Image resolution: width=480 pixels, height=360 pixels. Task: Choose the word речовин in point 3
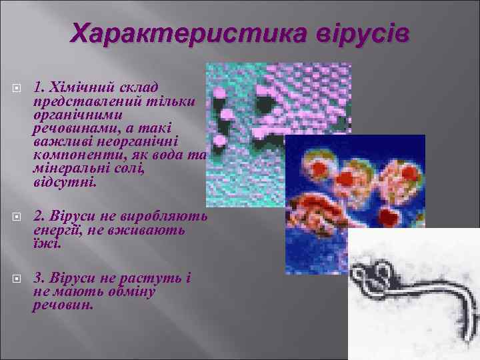[63, 305]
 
